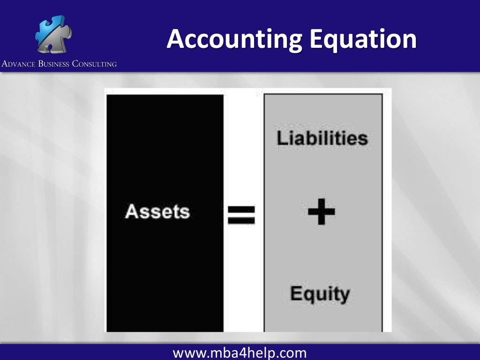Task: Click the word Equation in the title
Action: pos(362,39)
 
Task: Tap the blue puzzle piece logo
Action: pos(52,34)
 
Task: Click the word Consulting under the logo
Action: pos(94,64)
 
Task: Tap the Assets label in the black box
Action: pos(157,211)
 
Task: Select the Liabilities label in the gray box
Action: pos(322,138)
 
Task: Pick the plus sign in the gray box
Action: pos(322,211)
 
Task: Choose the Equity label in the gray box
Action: pos(320,294)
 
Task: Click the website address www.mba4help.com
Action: pos(240,352)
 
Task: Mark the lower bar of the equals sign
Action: pos(241,220)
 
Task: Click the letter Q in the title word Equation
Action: pos(329,41)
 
